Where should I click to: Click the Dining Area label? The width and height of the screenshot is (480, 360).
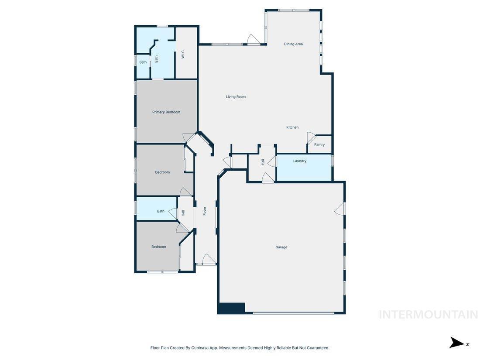pyautogui.click(x=293, y=44)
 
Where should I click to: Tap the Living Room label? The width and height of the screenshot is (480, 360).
pyautogui.click(x=236, y=97)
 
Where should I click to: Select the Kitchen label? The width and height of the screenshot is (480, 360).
pyautogui.click(x=292, y=127)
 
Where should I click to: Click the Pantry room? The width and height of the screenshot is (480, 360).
pyautogui.click(x=319, y=144)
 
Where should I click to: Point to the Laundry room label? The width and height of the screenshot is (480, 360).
pyautogui.click(x=300, y=161)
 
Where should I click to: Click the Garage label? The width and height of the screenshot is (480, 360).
pyautogui.click(x=281, y=247)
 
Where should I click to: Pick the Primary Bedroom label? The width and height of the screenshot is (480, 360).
pyautogui.click(x=166, y=112)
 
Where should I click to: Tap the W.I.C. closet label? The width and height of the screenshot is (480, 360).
pyautogui.click(x=183, y=55)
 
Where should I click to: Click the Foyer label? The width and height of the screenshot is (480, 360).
pyautogui.click(x=205, y=211)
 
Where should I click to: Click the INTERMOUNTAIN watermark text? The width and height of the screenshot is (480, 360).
pyautogui.click(x=428, y=314)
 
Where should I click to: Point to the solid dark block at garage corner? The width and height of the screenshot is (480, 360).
pyautogui.click(x=231, y=308)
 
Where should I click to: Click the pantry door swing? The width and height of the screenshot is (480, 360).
pyautogui.click(x=311, y=137)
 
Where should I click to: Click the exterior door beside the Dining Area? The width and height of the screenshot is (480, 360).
pyautogui.click(x=254, y=39)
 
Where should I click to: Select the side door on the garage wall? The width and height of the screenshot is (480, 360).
pyautogui.click(x=340, y=209)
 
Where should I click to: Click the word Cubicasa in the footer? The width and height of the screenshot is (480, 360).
pyautogui.click(x=199, y=348)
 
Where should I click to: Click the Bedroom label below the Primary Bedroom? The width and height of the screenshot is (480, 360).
pyautogui.click(x=162, y=172)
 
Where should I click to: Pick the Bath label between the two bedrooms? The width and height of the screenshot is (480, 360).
pyautogui.click(x=161, y=211)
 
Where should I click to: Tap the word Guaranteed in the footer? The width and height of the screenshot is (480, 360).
pyautogui.click(x=318, y=348)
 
